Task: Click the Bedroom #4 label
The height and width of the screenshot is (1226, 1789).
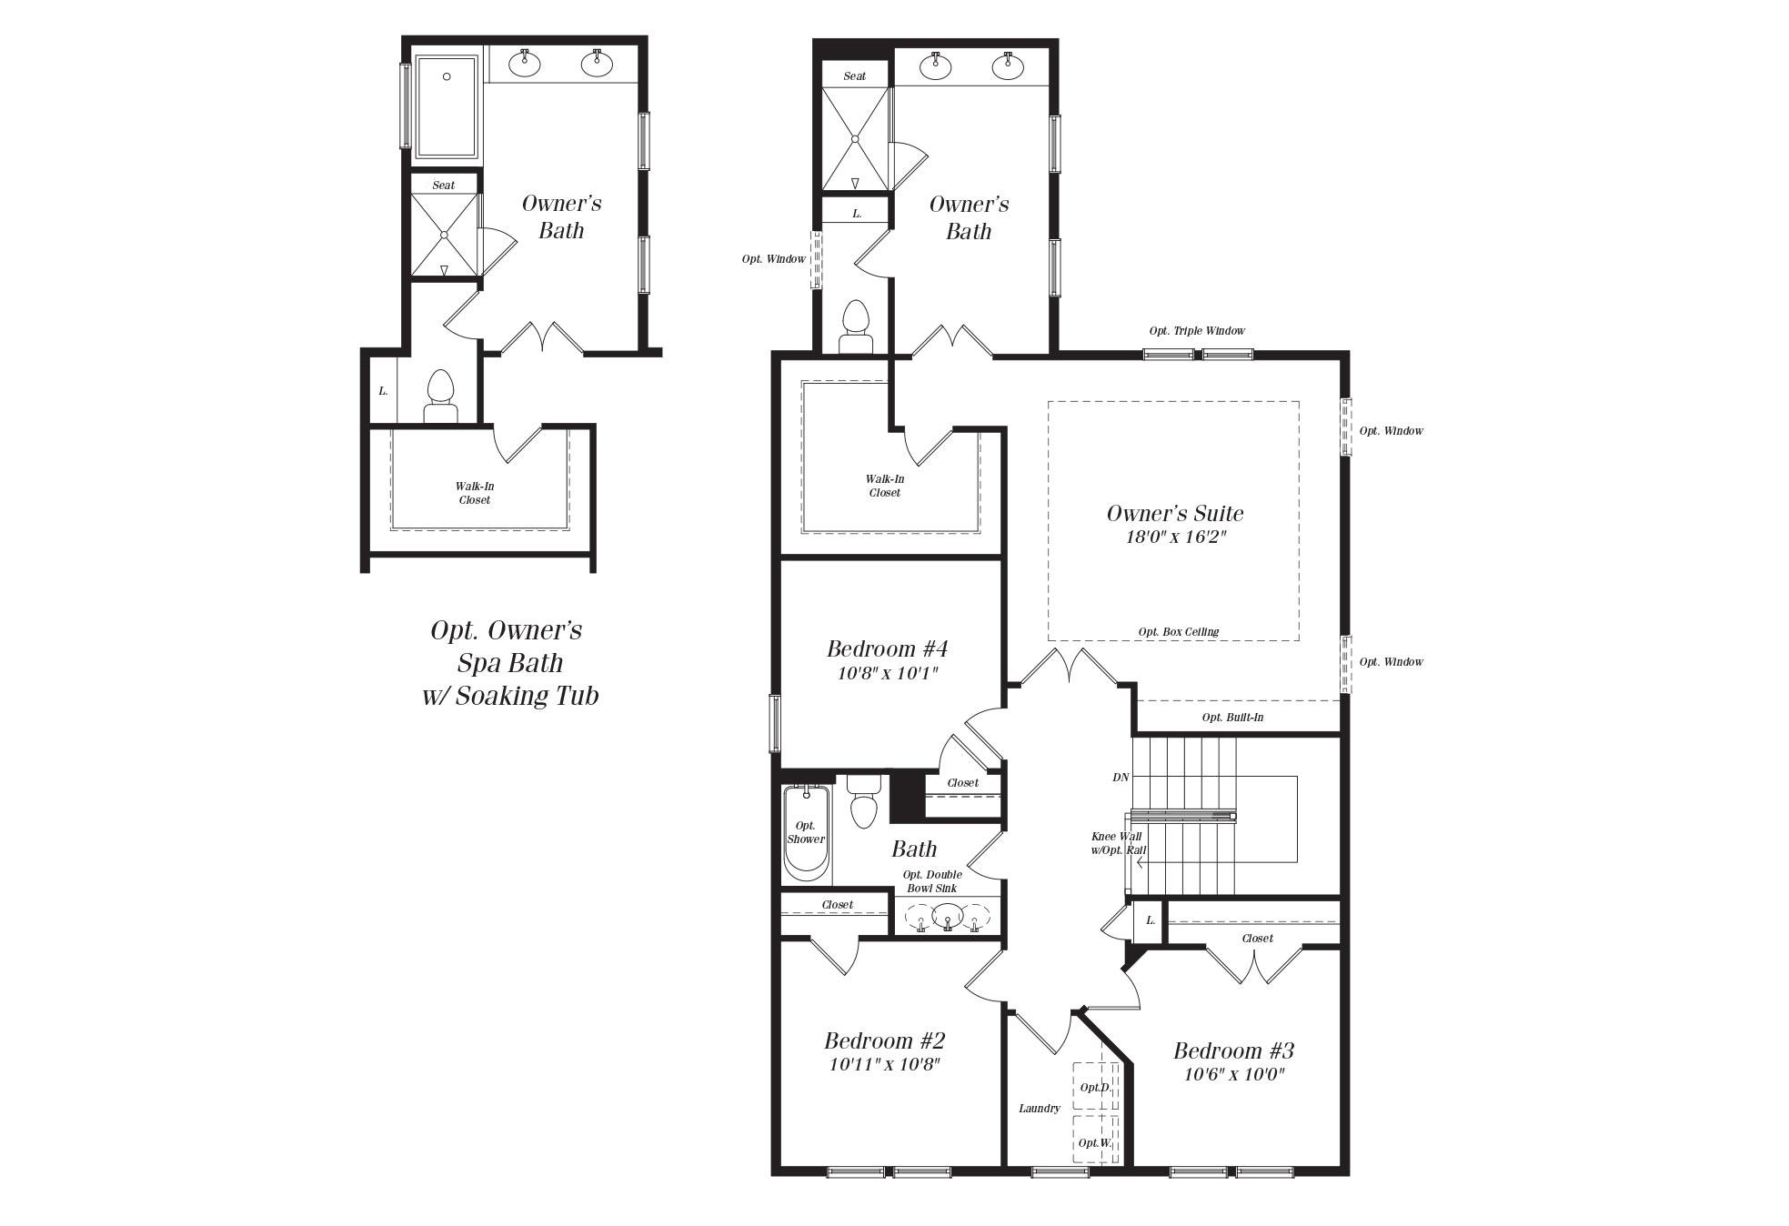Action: click(x=887, y=648)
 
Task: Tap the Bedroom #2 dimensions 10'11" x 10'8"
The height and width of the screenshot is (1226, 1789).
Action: click(x=884, y=1064)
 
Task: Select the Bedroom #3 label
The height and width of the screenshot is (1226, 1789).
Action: click(x=1233, y=1050)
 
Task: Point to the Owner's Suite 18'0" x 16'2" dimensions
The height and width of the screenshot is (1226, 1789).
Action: click(x=1176, y=537)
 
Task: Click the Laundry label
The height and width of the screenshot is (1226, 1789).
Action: click(x=1040, y=1109)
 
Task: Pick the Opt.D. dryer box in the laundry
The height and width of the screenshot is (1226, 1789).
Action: click(x=1095, y=1087)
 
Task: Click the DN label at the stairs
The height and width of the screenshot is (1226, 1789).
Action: click(x=1121, y=778)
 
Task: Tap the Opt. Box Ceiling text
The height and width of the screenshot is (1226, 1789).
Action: click(x=1178, y=632)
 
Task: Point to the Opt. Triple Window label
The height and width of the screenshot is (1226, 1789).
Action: click(x=1197, y=331)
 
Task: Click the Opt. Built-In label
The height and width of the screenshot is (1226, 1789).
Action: click(x=1232, y=718)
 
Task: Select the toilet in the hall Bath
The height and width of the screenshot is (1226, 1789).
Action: click(x=863, y=800)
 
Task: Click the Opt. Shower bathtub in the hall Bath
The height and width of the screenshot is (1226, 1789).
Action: click(x=807, y=834)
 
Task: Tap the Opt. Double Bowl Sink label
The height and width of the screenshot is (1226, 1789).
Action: click(x=932, y=881)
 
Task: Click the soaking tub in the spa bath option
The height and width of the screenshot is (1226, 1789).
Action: click(x=447, y=107)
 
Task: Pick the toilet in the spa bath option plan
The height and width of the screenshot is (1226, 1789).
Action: click(x=440, y=397)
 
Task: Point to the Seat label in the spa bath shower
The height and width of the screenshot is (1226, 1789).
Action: click(x=444, y=186)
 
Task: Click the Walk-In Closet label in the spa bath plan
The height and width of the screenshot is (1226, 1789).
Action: click(x=475, y=493)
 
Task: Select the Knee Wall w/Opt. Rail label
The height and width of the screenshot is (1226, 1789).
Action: click(x=1118, y=843)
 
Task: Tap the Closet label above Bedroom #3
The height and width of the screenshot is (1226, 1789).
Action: click(x=1258, y=939)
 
